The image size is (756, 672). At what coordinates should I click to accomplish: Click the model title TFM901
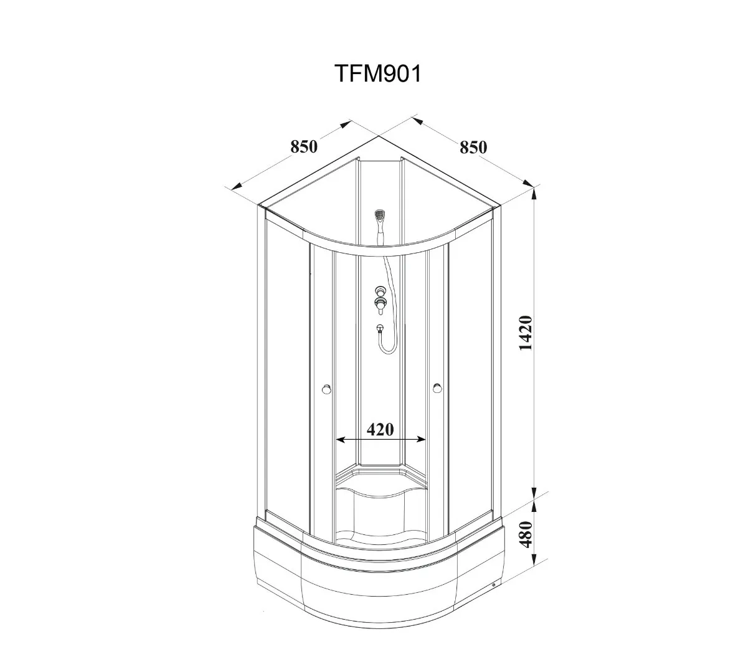pyautogui.click(x=379, y=73)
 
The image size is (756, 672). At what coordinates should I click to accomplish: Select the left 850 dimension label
pyautogui.click(x=304, y=146)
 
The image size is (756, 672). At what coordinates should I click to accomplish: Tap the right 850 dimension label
pyautogui.click(x=473, y=148)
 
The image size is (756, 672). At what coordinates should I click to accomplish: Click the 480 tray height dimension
pyautogui.click(x=526, y=534)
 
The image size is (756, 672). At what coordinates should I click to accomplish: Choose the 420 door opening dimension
pyautogui.click(x=380, y=430)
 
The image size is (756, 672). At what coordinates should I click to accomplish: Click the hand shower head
pyautogui.click(x=380, y=215)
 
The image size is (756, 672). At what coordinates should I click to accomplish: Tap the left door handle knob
pyautogui.click(x=326, y=389)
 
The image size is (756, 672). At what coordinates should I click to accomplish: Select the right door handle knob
pyautogui.click(x=437, y=389)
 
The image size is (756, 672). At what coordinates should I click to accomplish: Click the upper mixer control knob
pyautogui.click(x=380, y=291)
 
